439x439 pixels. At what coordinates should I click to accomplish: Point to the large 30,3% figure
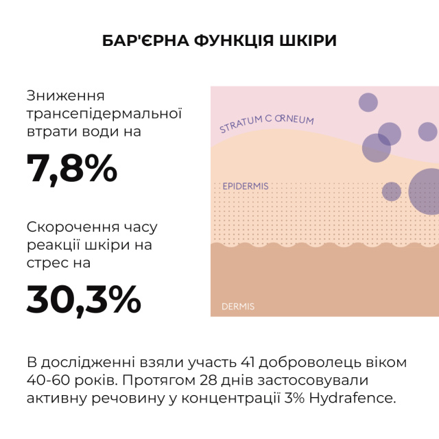(84, 298)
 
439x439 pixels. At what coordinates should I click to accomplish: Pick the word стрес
(47, 262)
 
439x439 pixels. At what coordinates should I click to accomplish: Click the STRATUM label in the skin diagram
(244, 126)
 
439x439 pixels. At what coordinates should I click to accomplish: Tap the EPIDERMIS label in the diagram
(246, 186)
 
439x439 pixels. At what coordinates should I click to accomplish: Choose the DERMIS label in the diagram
(238, 307)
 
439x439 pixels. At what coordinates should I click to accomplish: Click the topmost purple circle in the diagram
(368, 103)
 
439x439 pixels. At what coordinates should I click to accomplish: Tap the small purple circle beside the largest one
(392, 191)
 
